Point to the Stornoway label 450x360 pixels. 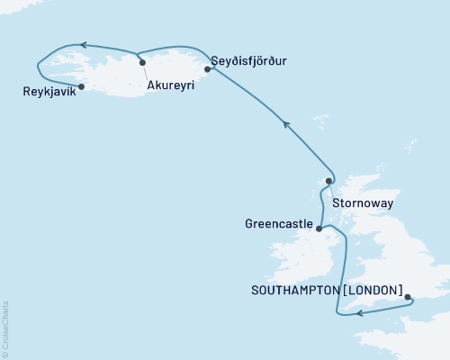tap(362, 203)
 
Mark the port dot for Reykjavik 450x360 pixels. tap(81, 86)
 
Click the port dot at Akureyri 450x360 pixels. tap(142, 61)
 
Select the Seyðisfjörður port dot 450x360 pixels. tap(207, 67)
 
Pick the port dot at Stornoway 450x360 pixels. tap(328, 181)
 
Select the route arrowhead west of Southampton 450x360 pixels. tap(359, 313)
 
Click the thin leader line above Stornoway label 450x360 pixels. tap(331, 189)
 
